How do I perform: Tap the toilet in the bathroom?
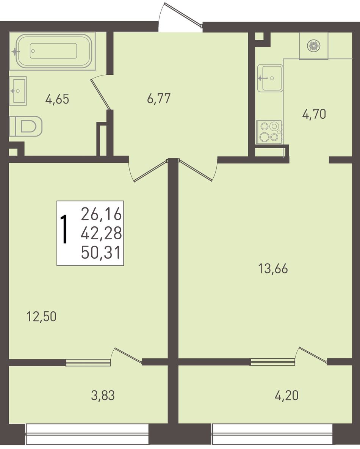25,126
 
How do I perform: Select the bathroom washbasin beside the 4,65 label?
18,91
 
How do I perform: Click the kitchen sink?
270,78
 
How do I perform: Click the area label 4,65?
57,99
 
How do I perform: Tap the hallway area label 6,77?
158,99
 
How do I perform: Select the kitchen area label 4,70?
314,114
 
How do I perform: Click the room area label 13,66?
273,268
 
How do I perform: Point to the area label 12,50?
41,317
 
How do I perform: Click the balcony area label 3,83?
103,396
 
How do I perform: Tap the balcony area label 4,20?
286,396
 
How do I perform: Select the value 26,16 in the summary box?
101,215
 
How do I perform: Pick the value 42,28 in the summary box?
101,233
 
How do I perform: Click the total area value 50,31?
101,253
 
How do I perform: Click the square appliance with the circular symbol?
314,46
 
